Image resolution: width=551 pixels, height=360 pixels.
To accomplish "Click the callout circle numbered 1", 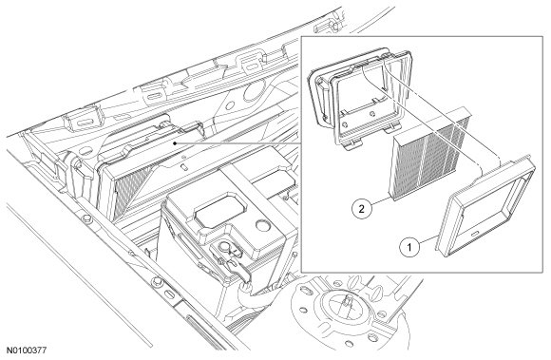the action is (409, 247).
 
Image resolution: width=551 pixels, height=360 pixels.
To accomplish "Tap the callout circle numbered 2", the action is (362, 209).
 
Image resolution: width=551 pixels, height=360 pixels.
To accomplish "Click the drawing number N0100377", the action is (27, 351).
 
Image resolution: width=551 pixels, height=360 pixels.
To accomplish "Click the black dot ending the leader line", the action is (175, 143).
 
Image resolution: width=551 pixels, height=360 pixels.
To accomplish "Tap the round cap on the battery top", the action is (262, 225).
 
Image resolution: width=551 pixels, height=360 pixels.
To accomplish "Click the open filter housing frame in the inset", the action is (362, 99).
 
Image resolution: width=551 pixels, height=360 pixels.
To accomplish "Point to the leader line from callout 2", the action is (381, 201).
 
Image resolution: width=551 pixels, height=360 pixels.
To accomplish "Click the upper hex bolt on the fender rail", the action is (86, 219).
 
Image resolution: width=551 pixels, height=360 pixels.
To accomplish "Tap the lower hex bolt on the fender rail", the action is (157, 281).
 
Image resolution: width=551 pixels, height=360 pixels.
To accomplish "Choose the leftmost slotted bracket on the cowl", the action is (83, 122).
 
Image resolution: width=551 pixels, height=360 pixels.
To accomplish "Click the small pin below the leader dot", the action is (183, 165).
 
